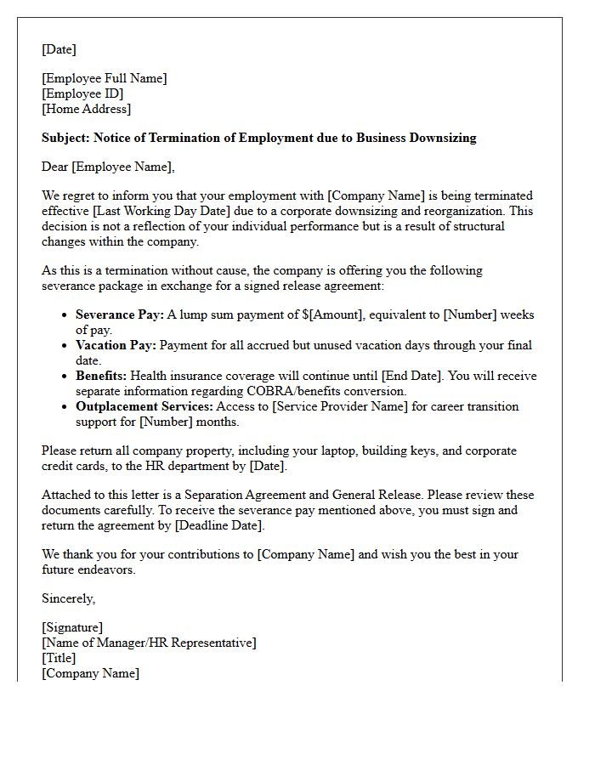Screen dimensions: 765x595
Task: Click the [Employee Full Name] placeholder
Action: click(x=105, y=78)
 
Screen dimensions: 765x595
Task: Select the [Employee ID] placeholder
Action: click(x=82, y=93)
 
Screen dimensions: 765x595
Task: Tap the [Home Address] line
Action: click(x=87, y=109)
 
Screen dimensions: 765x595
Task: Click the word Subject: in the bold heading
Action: click(x=65, y=138)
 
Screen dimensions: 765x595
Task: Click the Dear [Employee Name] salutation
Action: click(x=108, y=167)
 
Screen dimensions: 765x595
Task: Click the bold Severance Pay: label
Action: click(x=120, y=314)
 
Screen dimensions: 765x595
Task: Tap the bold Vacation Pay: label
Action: click(x=116, y=345)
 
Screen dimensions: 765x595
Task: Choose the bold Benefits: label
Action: click(x=101, y=376)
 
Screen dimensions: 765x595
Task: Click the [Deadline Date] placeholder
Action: click(x=219, y=525)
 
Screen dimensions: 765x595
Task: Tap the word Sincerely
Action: click(x=68, y=598)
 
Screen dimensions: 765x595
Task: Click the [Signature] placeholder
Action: click(x=72, y=627)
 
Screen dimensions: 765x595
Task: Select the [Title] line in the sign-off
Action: click(x=59, y=658)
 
